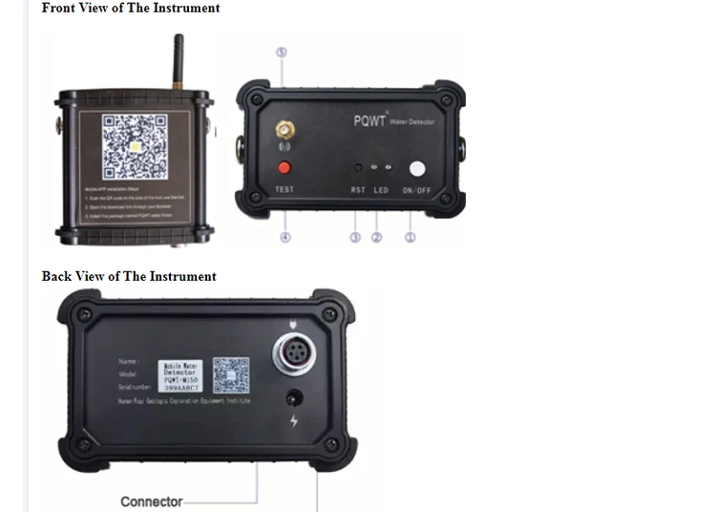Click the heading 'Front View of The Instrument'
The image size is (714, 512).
tap(131, 9)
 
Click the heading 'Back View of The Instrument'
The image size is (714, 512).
tap(129, 277)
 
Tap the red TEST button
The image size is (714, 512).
tap(283, 169)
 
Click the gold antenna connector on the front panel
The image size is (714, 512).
tap(283, 129)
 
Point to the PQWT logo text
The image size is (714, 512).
tap(368, 121)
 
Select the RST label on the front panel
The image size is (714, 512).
tap(358, 190)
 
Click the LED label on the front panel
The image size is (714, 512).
tap(381, 190)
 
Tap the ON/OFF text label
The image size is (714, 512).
tap(417, 190)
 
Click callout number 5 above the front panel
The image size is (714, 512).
tap(282, 53)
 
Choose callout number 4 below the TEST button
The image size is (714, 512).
tap(284, 237)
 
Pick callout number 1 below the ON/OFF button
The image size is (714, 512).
tap(410, 237)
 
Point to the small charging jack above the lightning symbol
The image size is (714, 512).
tap(293, 397)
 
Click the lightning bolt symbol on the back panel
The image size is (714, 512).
tap(293, 421)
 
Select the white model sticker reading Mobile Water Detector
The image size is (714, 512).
tap(175, 374)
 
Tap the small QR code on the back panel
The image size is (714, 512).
tap(230, 375)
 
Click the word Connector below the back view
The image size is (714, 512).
tap(151, 501)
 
